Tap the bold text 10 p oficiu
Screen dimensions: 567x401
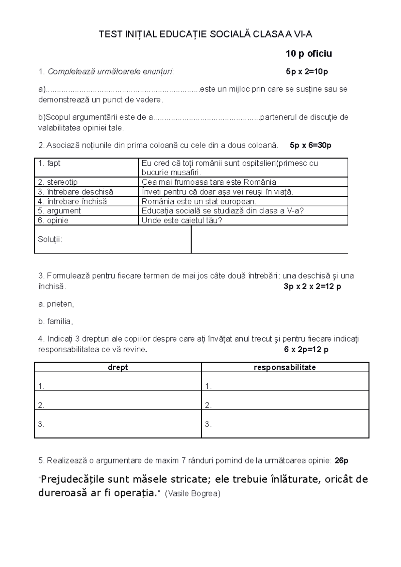[308, 54]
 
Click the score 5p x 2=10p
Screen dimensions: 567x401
[307, 71]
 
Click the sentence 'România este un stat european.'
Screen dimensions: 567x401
[199, 201]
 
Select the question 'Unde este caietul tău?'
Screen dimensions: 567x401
[182, 220]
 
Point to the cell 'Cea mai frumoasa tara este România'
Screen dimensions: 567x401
[209, 182]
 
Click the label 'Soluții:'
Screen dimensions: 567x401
[50, 239]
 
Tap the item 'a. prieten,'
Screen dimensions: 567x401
[56, 304]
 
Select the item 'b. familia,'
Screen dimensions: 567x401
[55, 321]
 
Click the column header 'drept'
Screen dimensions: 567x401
[118, 367]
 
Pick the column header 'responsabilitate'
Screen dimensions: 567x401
[285, 367]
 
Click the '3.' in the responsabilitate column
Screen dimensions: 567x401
[208, 424]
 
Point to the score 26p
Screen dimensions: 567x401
[341, 461]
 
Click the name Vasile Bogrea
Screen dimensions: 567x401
[193, 494]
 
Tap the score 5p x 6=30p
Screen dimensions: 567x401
[310, 145]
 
